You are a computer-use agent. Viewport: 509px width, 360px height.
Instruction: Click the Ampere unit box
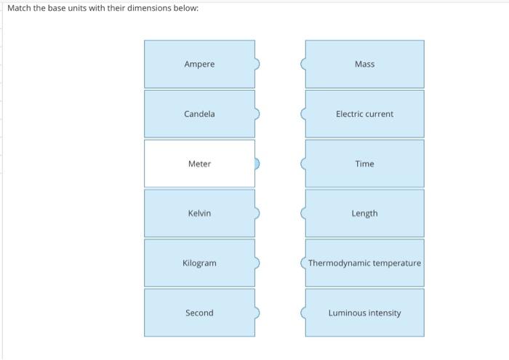click(x=199, y=64)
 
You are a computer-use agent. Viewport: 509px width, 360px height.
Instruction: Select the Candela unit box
click(x=199, y=114)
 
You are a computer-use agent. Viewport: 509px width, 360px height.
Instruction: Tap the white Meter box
click(x=199, y=164)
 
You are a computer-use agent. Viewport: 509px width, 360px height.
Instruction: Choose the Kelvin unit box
click(x=199, y=213)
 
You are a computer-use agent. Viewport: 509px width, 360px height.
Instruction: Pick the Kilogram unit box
click(x=199, y=263)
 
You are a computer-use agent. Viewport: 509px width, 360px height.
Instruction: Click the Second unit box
click(x=199, y=313)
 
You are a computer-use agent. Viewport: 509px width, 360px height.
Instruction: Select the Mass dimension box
click(x=364, y=64)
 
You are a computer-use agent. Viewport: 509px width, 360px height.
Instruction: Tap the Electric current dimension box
click(x=364, y=114)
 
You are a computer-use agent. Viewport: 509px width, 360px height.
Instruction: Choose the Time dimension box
click(x=364, y=164)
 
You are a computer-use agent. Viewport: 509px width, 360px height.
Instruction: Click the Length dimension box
click(x=364, y=213)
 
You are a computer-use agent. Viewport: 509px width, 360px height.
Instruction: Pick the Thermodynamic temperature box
click(x=364, y=263)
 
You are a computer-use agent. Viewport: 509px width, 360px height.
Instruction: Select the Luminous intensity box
click(x=364, y=313)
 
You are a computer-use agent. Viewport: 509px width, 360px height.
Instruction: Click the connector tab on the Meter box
click(x=257, y=164)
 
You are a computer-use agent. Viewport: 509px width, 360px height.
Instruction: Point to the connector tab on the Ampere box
click(x=257, y=64)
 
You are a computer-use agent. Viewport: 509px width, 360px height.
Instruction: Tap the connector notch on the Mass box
click(x=304, y=64)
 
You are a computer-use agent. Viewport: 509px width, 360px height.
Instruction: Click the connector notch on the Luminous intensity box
click(x=304, y=313)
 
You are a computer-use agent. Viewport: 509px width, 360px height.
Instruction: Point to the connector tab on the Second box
click(x=257, y=313)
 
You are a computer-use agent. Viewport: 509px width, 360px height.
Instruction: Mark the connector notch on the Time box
click(x=304, y=164)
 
